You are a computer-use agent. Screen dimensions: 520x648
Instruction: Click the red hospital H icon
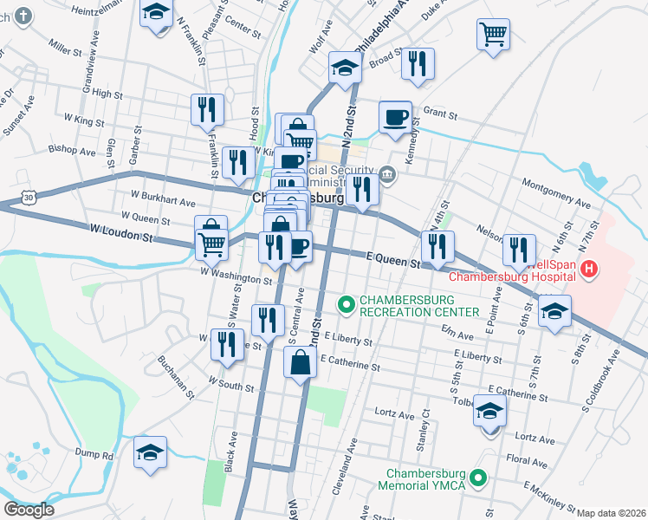pyautogui.click(x=590, y=269)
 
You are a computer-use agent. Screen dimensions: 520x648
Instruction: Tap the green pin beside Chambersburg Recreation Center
pyautogui.click(x=347, y=304)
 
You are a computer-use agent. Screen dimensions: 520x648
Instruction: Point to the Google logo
pyautogui.click(x=29, y=509)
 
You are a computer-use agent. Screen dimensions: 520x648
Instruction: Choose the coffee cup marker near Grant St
pyautogui.click(x=395, y=116)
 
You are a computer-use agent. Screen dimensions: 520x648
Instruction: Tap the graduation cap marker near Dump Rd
pyautogui.click(x=150, y=452)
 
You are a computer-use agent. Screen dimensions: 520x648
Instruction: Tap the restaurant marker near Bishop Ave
pyautogui.click(x=237, y=162)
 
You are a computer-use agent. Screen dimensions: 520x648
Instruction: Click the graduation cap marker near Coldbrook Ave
pyautogui.click(x=554, y=310)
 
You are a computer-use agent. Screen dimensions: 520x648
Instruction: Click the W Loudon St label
pyautogui.click(x=121, y=234)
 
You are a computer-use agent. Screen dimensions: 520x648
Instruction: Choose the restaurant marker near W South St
pyautogui.click(x=227, y=344)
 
